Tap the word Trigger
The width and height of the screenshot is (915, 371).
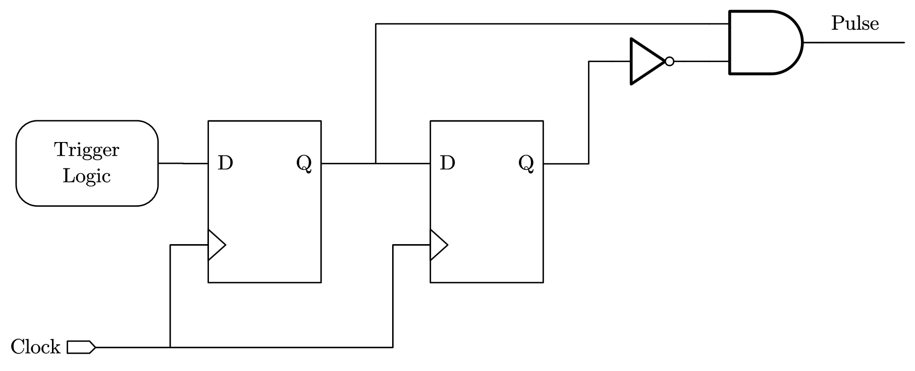point(87,150)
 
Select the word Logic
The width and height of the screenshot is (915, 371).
point(87,176)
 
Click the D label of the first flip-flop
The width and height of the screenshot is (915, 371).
point(225,163)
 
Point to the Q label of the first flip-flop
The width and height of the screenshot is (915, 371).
point(304,164)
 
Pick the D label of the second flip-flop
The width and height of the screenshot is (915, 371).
point(448,163)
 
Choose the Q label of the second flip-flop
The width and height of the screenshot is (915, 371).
point(526,164)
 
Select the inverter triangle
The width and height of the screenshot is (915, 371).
point(645,62)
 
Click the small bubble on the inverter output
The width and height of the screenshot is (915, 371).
point(669,62)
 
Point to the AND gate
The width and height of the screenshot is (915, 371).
point(762,42)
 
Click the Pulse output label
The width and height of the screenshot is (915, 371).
point(855,24)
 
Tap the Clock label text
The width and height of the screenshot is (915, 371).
point(35,347)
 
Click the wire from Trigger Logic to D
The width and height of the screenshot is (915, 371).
point(183,163)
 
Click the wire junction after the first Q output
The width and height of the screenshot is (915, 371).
point(376,163)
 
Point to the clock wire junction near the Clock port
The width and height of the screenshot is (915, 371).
point(171,347)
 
